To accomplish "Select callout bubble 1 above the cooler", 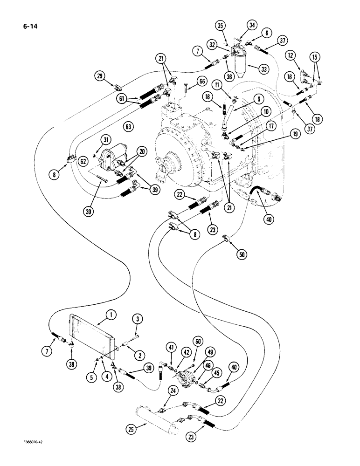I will click(x=110, y=315).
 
